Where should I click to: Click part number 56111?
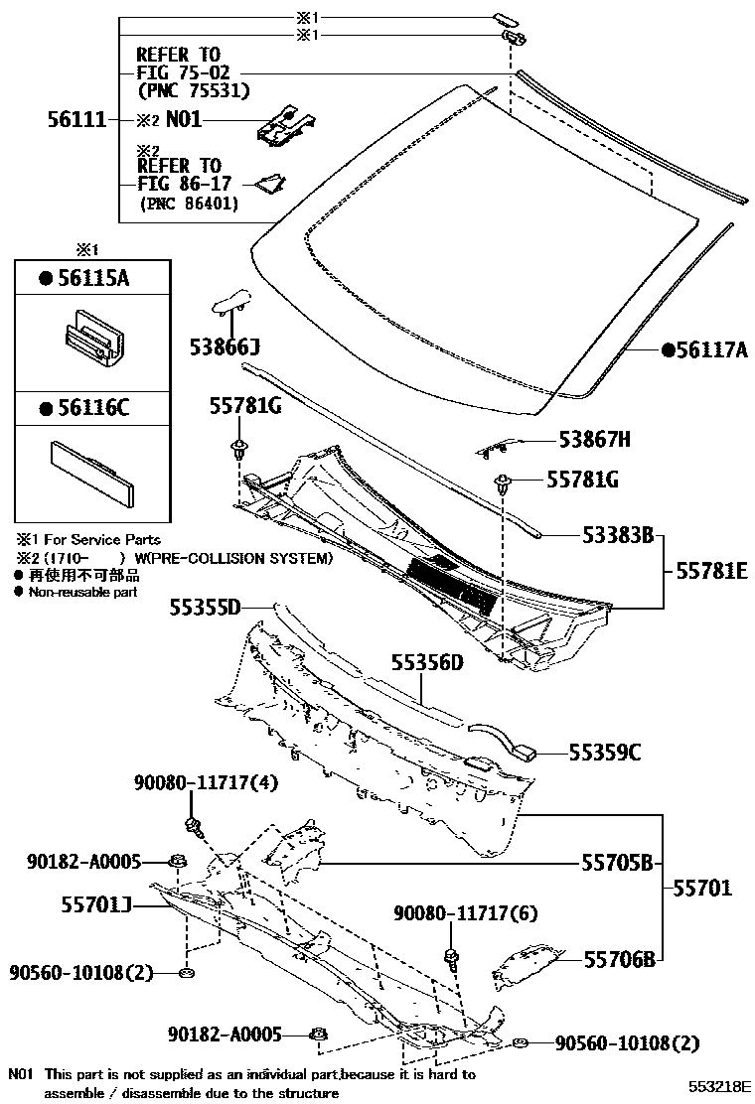(76, 119)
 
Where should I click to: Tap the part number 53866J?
(225, 346)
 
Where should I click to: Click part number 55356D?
(427, 662)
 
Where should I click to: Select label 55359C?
(605, 753)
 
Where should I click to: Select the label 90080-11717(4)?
(206, 784)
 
